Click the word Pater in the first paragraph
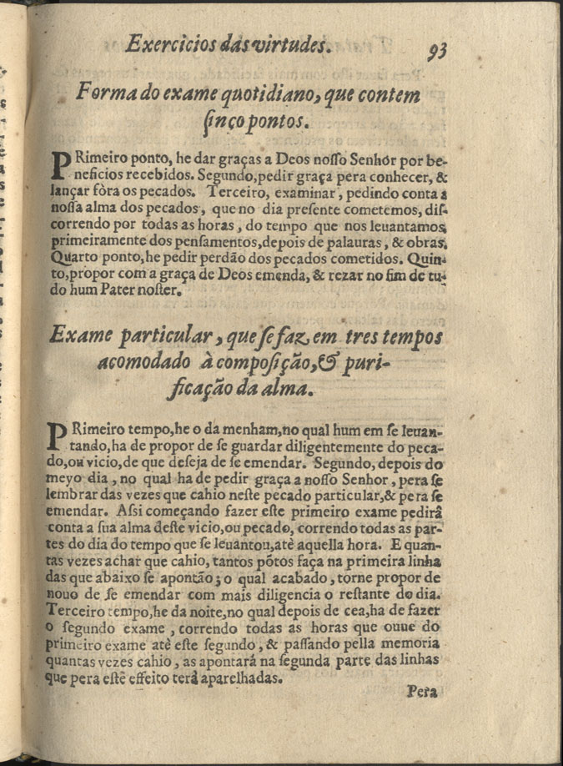(x=129, y=290)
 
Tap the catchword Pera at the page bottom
(x=422, y=691)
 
